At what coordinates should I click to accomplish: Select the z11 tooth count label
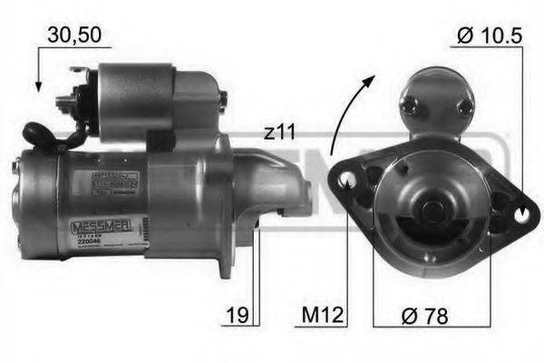281,132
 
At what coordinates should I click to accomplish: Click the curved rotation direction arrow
349,113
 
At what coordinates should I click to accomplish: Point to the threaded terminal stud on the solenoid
65,101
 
